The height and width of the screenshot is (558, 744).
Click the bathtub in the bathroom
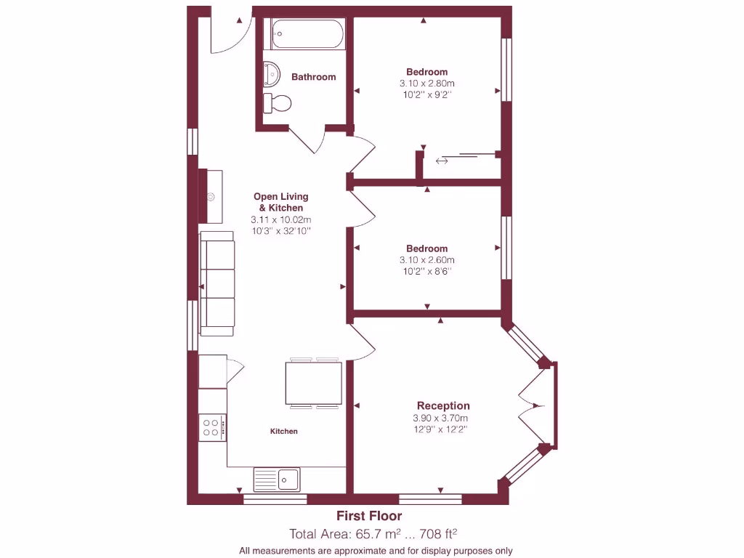tap(307, 34)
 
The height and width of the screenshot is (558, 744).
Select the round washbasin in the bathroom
tap(272, 73)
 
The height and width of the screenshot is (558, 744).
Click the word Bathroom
tap(313, 77)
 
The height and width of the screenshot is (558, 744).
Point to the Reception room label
tap(443, 405)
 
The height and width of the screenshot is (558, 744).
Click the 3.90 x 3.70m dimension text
tap(440, 418)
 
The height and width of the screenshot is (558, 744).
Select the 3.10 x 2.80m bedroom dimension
tap(426, 84)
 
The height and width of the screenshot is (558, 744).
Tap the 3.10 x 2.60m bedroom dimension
tap(426, 260)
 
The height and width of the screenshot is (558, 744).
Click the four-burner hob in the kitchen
tap(212, 426)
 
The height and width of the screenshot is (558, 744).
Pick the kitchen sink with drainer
tap(277, 480)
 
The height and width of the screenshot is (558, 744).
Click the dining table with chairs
tap(314, 383)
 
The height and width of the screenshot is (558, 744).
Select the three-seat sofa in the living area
tap(217, 284)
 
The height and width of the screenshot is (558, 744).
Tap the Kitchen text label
tap(284, 432)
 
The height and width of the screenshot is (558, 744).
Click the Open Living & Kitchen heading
tap(280, 202)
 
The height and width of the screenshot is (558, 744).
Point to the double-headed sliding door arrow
tap(442, 161)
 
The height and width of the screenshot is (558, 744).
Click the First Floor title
tap(369, 516)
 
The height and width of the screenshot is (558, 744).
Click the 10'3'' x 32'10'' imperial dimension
tap(280, 231)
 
